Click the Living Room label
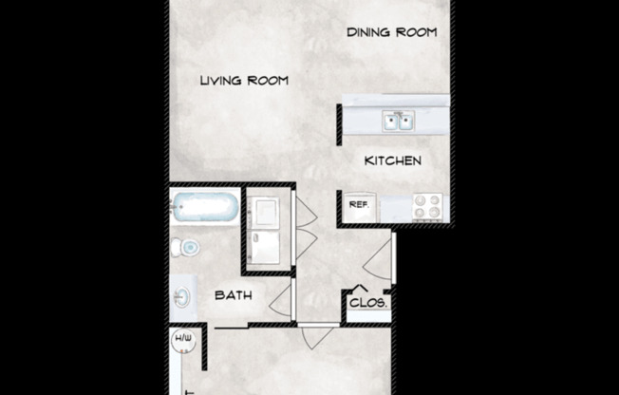[x=244, y=81]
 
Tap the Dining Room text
[x=391, y=32]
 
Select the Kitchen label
[x=393, y=160]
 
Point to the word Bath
[x=234, y=295]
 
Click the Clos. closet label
[x=368, y=303]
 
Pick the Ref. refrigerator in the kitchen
[x=359, y=207]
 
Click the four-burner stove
[x=428, y=207]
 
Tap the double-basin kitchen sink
[x=399, y=121]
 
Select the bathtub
[x=205, y=207]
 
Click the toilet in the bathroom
[x=185, y=248]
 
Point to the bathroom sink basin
[x=182, y=297]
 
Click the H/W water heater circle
[x=183, y=340]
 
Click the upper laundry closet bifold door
[x=307, y=212]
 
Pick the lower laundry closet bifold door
[x=307, y=244]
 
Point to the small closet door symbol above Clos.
[x=360, y=288]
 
